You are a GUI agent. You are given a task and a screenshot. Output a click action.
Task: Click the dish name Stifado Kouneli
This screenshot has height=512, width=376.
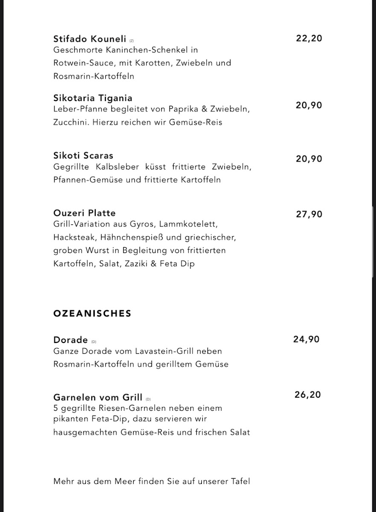(x=90, y=39)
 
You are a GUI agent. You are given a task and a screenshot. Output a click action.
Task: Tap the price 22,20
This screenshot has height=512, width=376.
(x=309, y=38)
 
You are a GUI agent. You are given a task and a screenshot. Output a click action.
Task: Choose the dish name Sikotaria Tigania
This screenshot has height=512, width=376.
(x=93, y=99)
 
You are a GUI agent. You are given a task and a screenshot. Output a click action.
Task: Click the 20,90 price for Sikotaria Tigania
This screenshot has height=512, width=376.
(x=309, y=105)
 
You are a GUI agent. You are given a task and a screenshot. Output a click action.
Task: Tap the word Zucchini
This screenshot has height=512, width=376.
(x=70, y=122)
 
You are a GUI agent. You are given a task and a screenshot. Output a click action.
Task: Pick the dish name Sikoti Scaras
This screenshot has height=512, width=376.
(x=83, y=155)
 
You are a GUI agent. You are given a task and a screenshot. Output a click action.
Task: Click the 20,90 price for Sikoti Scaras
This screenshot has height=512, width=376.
(x=309, y=159)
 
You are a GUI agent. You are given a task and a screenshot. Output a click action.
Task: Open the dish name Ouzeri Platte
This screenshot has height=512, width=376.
(x=85, y=213)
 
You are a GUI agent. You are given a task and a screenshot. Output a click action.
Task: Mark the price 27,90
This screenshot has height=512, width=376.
(x=309, y=215)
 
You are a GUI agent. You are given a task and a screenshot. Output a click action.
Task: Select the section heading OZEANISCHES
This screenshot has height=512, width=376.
(x=92, y=314)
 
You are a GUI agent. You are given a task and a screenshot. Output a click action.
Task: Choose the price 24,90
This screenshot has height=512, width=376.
(x=306, y=340)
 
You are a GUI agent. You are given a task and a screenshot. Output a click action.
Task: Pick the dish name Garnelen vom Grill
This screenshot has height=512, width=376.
(x=98, y=397)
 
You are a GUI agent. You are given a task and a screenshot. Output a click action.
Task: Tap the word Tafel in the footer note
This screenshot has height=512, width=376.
(x=239, y=482)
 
